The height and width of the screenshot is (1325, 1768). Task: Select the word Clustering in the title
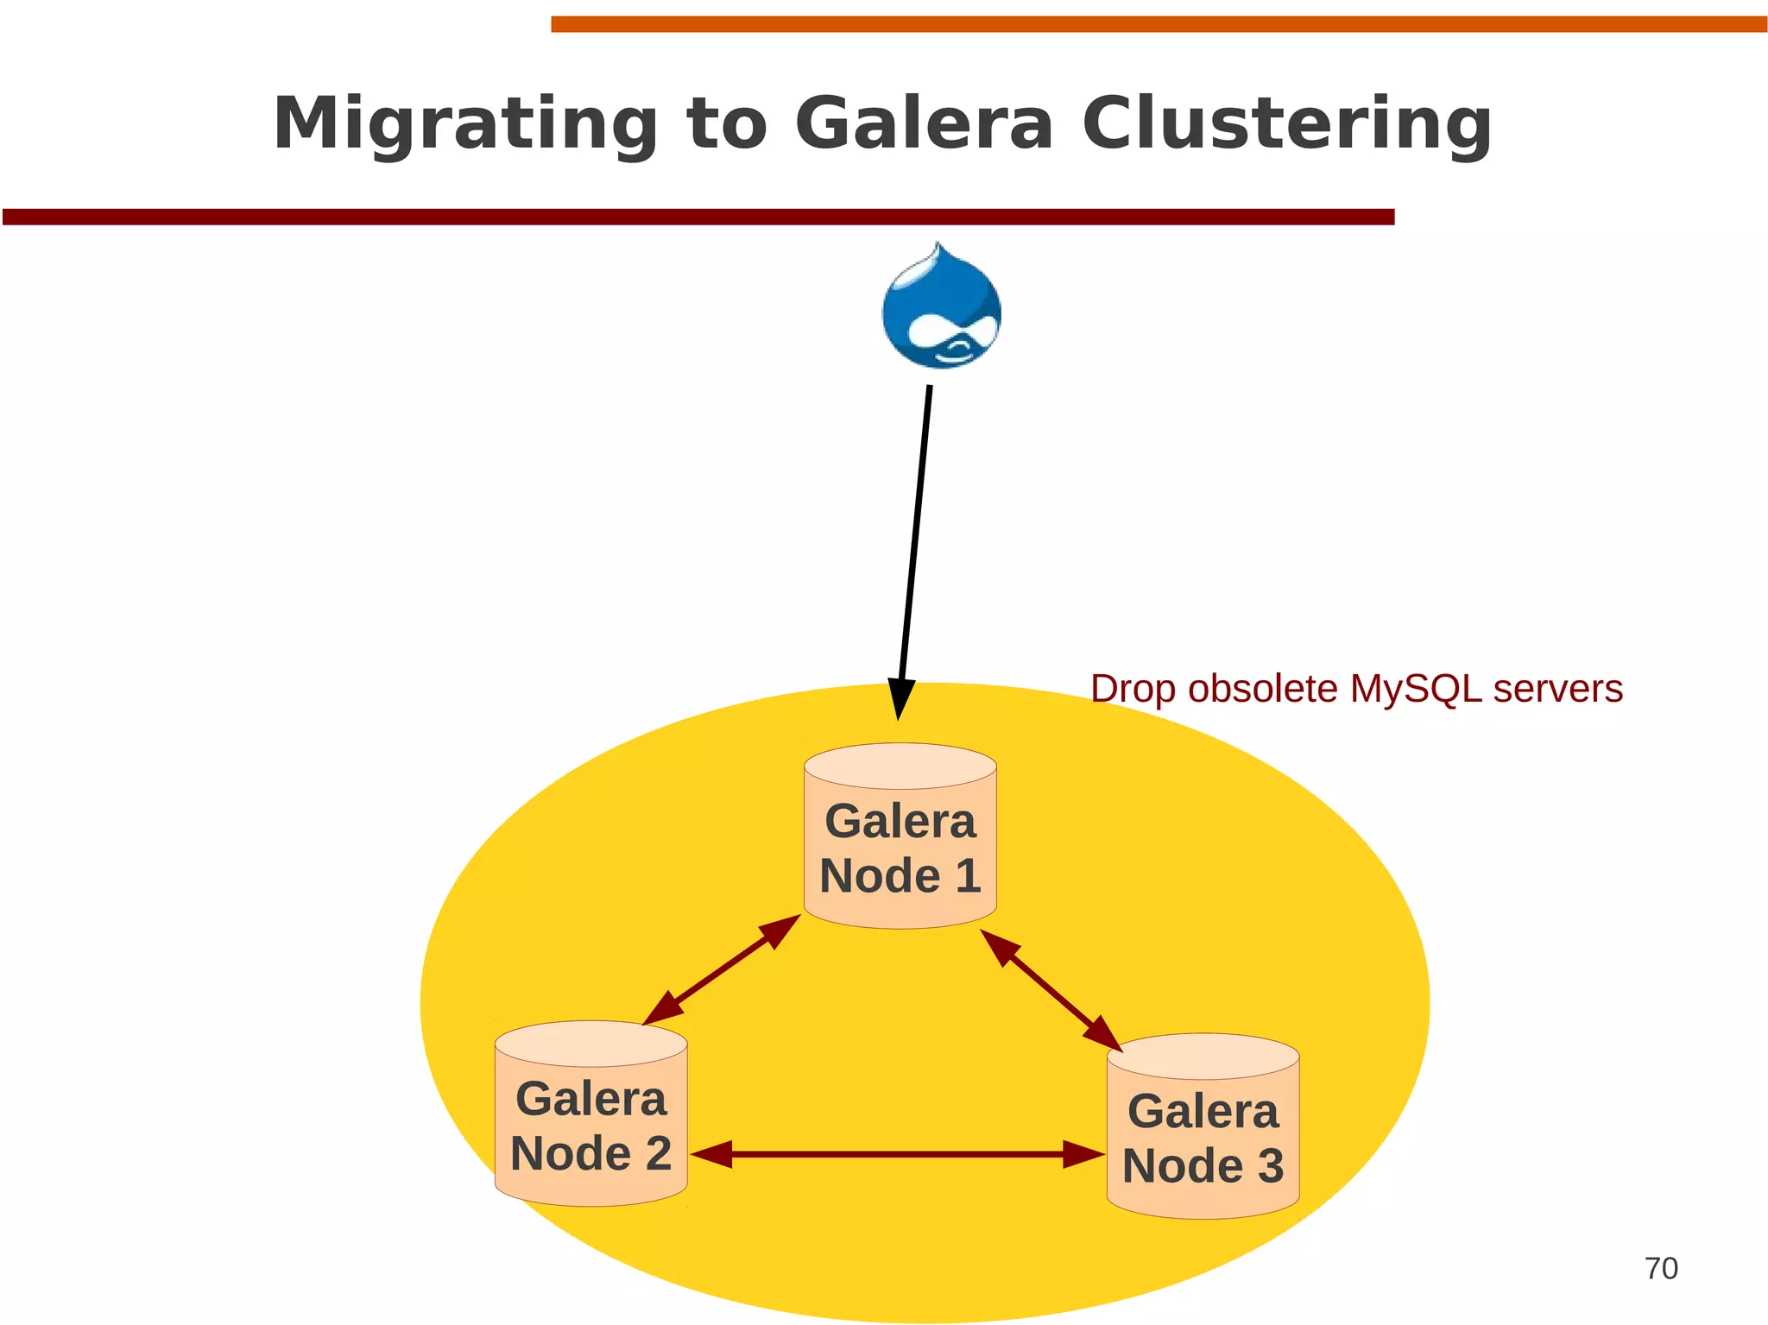pyautogui.click(x=1286, y=123)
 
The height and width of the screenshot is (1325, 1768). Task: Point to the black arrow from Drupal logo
pyautogui.click(x=915, y=535)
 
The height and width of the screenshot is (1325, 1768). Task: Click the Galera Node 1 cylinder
pyautogui.click(x=900, y=836)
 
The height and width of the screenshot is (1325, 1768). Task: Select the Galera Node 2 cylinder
pyautogui.click(x=591, y=1114)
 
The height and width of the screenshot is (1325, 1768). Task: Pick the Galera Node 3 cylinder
pyautogui.click(x=1203, y=1126)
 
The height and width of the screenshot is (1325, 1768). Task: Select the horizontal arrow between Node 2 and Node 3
pyautogui.click(x=898, y=1154)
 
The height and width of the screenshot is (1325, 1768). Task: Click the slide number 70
pyautogui.click(x=1661, y=1269)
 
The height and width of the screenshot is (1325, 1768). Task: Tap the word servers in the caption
pyautogui.click(x=1558, y=689)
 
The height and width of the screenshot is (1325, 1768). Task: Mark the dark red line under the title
pyautogui.click(x=698, y=217)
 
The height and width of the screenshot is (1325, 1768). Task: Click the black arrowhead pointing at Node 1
pyautogui.click(x=900, y=697)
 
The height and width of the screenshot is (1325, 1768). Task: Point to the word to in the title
pyautogui.click(x=726, y=123)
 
